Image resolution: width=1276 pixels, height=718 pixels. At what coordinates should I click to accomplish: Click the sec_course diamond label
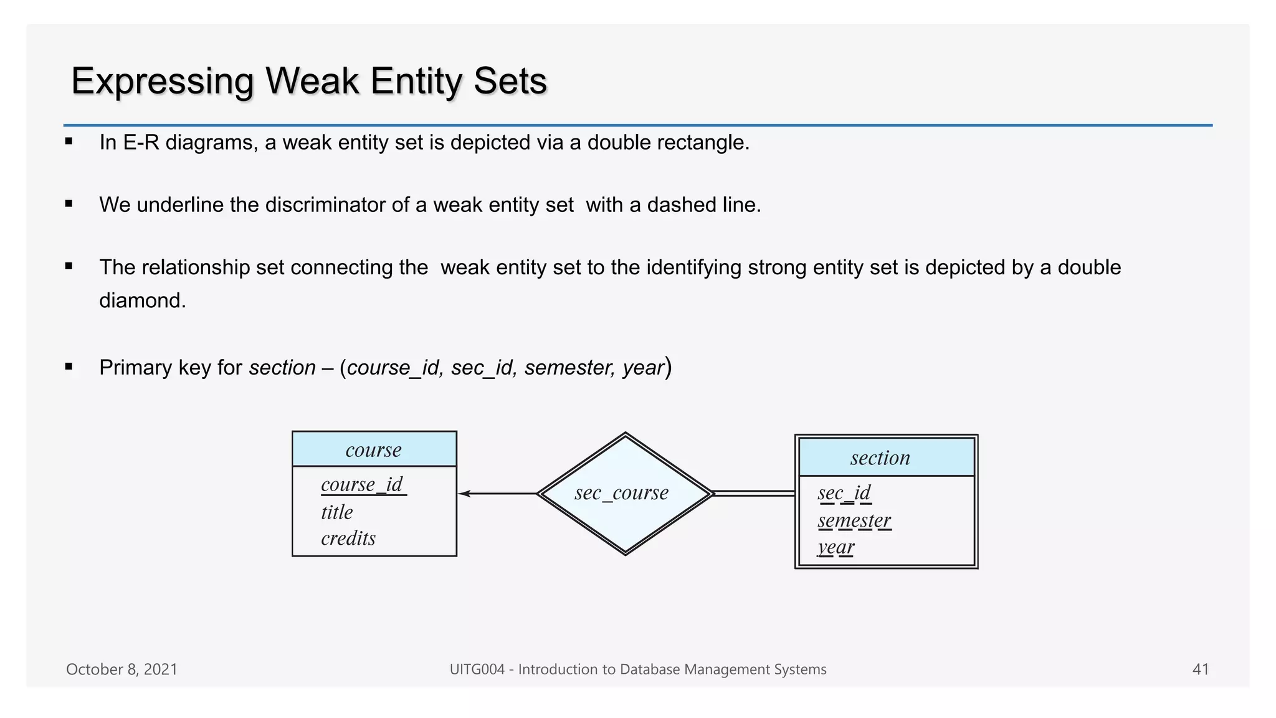[x=621, y=493]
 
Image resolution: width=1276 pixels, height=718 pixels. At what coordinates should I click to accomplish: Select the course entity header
[x=374, y=449]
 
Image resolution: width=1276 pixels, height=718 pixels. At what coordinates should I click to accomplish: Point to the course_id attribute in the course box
[x=362, y=484]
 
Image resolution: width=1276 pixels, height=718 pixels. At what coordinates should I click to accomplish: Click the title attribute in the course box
[x=336, y=512]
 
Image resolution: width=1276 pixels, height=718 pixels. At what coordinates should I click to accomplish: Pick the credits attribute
[x=348, y=538]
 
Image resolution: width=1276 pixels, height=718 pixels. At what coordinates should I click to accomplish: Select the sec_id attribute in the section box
[x=844, y=493]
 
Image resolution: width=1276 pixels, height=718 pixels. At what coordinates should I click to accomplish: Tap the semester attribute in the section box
[x=854, y=520]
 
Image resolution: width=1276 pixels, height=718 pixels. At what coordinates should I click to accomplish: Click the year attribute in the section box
[x=836, y=547]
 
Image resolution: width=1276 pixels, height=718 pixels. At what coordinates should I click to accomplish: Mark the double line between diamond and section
[x=754, y=494]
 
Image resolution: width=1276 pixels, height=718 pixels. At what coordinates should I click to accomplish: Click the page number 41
[x=1200, y=669]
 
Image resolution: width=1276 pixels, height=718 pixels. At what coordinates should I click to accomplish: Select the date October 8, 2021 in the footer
[x=121, y=669]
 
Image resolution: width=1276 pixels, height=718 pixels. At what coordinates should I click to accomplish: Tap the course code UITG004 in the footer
[x=477, y=669]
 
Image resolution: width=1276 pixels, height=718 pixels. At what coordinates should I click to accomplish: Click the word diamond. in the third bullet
[x=143, y=300]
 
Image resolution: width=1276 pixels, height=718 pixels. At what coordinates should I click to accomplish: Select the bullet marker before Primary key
[x=69, y=367]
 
